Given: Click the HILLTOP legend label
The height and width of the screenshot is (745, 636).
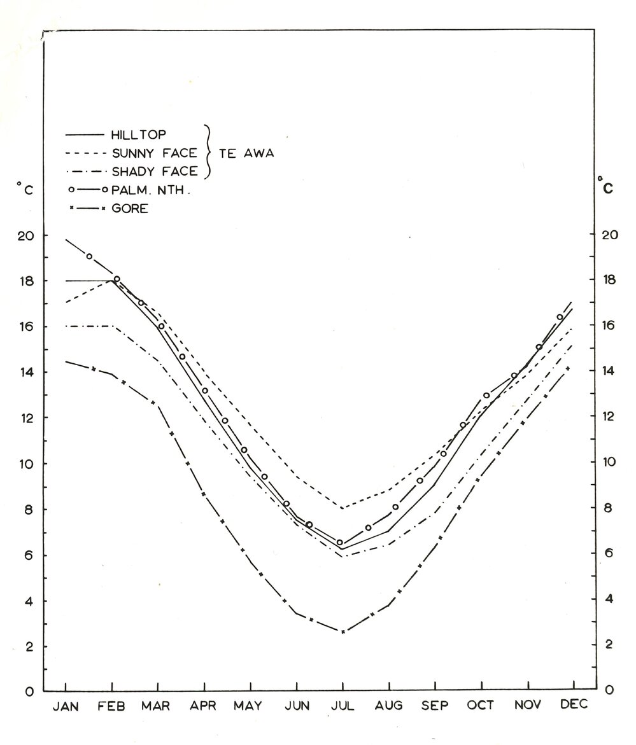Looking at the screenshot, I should click(139, 135).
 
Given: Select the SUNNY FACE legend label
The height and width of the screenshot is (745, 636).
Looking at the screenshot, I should click(154, 153).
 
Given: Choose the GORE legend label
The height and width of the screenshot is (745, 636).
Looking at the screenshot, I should click(129, 208).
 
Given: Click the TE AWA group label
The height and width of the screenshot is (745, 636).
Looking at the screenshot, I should click(246, 153).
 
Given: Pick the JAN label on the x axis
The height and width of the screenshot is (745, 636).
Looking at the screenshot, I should click(66, 706).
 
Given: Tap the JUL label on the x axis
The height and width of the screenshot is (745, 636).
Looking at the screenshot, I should click(343, 706).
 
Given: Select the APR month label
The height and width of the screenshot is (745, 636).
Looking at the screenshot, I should click(204, 706).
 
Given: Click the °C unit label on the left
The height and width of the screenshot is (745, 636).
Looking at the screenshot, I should click(24, 188).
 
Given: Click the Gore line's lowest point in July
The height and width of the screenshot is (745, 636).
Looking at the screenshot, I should click(343, 632).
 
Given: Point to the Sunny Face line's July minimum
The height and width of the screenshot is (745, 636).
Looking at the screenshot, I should click(343, 508).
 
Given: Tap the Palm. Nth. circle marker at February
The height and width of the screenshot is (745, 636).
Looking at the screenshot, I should click(117, 279).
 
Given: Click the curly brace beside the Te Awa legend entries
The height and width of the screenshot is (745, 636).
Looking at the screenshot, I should click(208, 151).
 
